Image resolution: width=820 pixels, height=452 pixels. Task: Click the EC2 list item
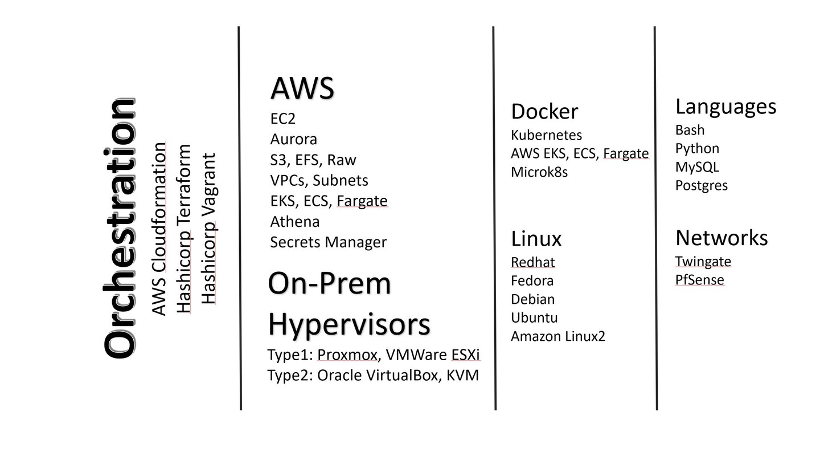pos(283,119)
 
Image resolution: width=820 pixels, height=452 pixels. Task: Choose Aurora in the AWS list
pos(293,139)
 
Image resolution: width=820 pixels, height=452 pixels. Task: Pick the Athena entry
pos(294,221)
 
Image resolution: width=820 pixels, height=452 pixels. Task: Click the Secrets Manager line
pos(328,242)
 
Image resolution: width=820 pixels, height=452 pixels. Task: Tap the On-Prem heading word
pos(330,284)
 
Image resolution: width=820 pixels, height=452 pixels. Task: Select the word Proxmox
pos(347,355)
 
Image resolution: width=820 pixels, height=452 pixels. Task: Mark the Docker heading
pos(544,112)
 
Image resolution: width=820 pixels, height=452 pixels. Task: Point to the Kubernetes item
pos(546,135)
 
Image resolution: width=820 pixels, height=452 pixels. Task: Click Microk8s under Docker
pos(539,172)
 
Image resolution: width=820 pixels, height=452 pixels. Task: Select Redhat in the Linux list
pos(532,262)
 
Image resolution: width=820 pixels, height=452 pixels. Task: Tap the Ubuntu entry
pos(534,317)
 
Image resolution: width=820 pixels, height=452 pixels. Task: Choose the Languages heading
pos(725,107)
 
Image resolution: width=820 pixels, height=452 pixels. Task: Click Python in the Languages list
pos(697,148)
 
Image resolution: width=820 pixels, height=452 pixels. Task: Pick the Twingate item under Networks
pos(703,261)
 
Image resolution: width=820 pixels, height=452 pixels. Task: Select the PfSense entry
pos(699,280)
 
